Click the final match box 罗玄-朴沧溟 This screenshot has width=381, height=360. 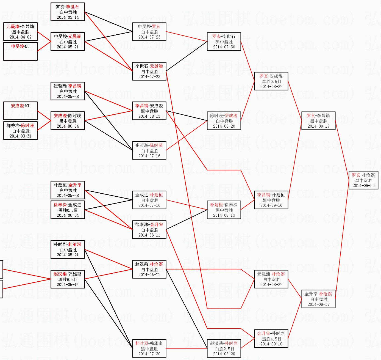(x=363, y=180)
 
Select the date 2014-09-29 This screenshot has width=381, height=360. (x=363, y=186)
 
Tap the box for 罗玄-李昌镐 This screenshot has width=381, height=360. (x=318, y=121)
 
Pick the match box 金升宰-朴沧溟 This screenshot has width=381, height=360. (x=318, y=299)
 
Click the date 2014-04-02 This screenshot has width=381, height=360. (x=21, y=37)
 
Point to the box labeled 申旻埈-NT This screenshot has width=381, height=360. (x=20, y=51)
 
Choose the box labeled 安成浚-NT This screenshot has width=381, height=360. (x=20, y=110)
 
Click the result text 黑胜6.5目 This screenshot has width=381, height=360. (x=68, y=279)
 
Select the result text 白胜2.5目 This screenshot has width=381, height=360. (x=224, y=349)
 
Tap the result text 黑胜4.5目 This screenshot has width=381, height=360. (x=271, y=339)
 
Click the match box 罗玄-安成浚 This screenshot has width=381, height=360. (x=271, y=81)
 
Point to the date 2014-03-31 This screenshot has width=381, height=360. (x=21, y=136)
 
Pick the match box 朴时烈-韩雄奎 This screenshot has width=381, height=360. (x=149, y=348)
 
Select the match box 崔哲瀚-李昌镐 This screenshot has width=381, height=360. (x=68, y=91)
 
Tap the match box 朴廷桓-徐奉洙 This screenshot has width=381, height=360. (x=224, y=210)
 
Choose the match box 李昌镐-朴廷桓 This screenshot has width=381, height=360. (x=271, y=200)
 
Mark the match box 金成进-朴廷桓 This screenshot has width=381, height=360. (x=149, y=200)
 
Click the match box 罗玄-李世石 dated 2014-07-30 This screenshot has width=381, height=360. (x=224, y=42)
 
